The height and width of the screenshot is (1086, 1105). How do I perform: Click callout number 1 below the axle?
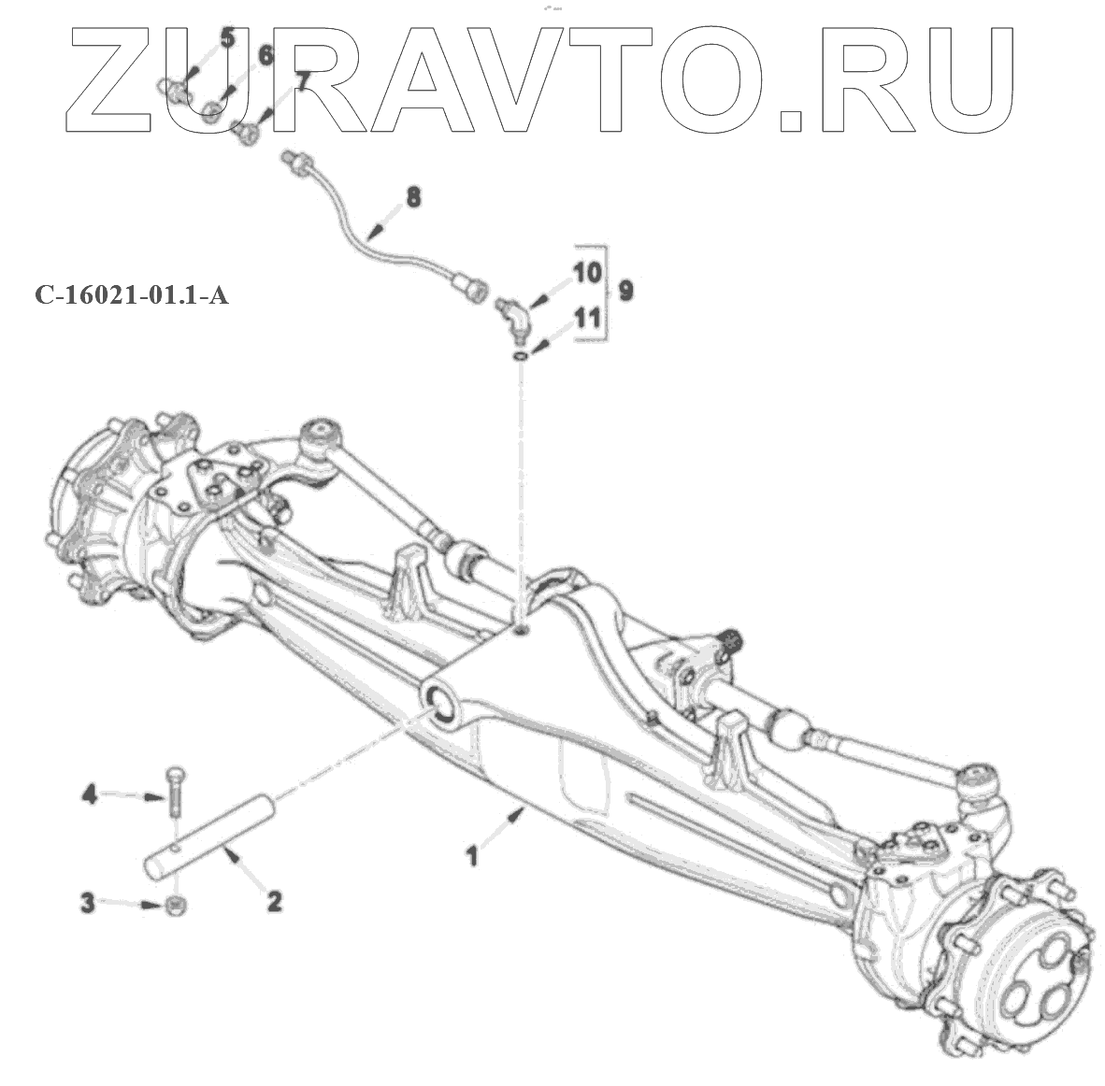[x=473, y=854]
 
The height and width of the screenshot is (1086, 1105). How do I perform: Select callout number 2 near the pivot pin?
[x=274, y=901]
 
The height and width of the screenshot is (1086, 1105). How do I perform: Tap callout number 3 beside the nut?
[x=87, y=904]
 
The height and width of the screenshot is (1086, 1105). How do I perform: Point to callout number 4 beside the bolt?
[x=90, y=795]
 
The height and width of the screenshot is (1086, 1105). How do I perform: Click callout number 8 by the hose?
[x=412, y=197]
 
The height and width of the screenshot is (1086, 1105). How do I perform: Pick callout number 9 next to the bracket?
[x=625, y=291]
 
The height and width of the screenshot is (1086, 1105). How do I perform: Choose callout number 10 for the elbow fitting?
[x=586, y=274]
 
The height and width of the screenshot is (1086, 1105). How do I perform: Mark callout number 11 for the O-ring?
[x=586, y=318]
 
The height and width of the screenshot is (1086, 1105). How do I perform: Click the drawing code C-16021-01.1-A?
[x=132, y=296]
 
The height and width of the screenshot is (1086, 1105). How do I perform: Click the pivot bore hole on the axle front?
[x=438, y=701]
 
